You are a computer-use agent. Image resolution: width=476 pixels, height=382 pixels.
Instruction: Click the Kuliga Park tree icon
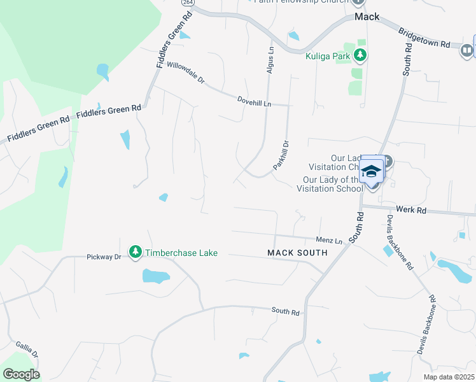point(361,55)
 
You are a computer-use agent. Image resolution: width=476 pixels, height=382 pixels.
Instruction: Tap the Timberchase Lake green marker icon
point(135,253)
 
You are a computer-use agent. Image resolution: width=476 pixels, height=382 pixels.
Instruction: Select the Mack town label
point(367,17)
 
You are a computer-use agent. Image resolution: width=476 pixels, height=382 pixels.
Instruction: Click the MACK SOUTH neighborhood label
point(297,253)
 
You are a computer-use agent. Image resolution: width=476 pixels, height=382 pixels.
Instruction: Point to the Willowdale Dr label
point(185,73)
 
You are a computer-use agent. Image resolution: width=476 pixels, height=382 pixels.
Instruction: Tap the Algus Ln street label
point(270,59)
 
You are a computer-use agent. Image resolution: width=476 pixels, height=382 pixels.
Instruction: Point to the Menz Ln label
point(330,241)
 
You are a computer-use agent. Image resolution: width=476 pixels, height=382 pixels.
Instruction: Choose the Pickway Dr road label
point(104,257)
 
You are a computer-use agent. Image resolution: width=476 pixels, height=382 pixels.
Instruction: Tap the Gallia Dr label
point(27,350)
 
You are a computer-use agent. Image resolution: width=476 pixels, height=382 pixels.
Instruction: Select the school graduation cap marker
point(371,171)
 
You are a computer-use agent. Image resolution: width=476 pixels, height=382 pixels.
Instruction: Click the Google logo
point(21,374)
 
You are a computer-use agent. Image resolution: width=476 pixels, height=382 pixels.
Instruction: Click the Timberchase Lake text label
point(181,253)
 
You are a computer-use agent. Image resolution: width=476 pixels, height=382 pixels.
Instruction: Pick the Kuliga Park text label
point(328,55)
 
